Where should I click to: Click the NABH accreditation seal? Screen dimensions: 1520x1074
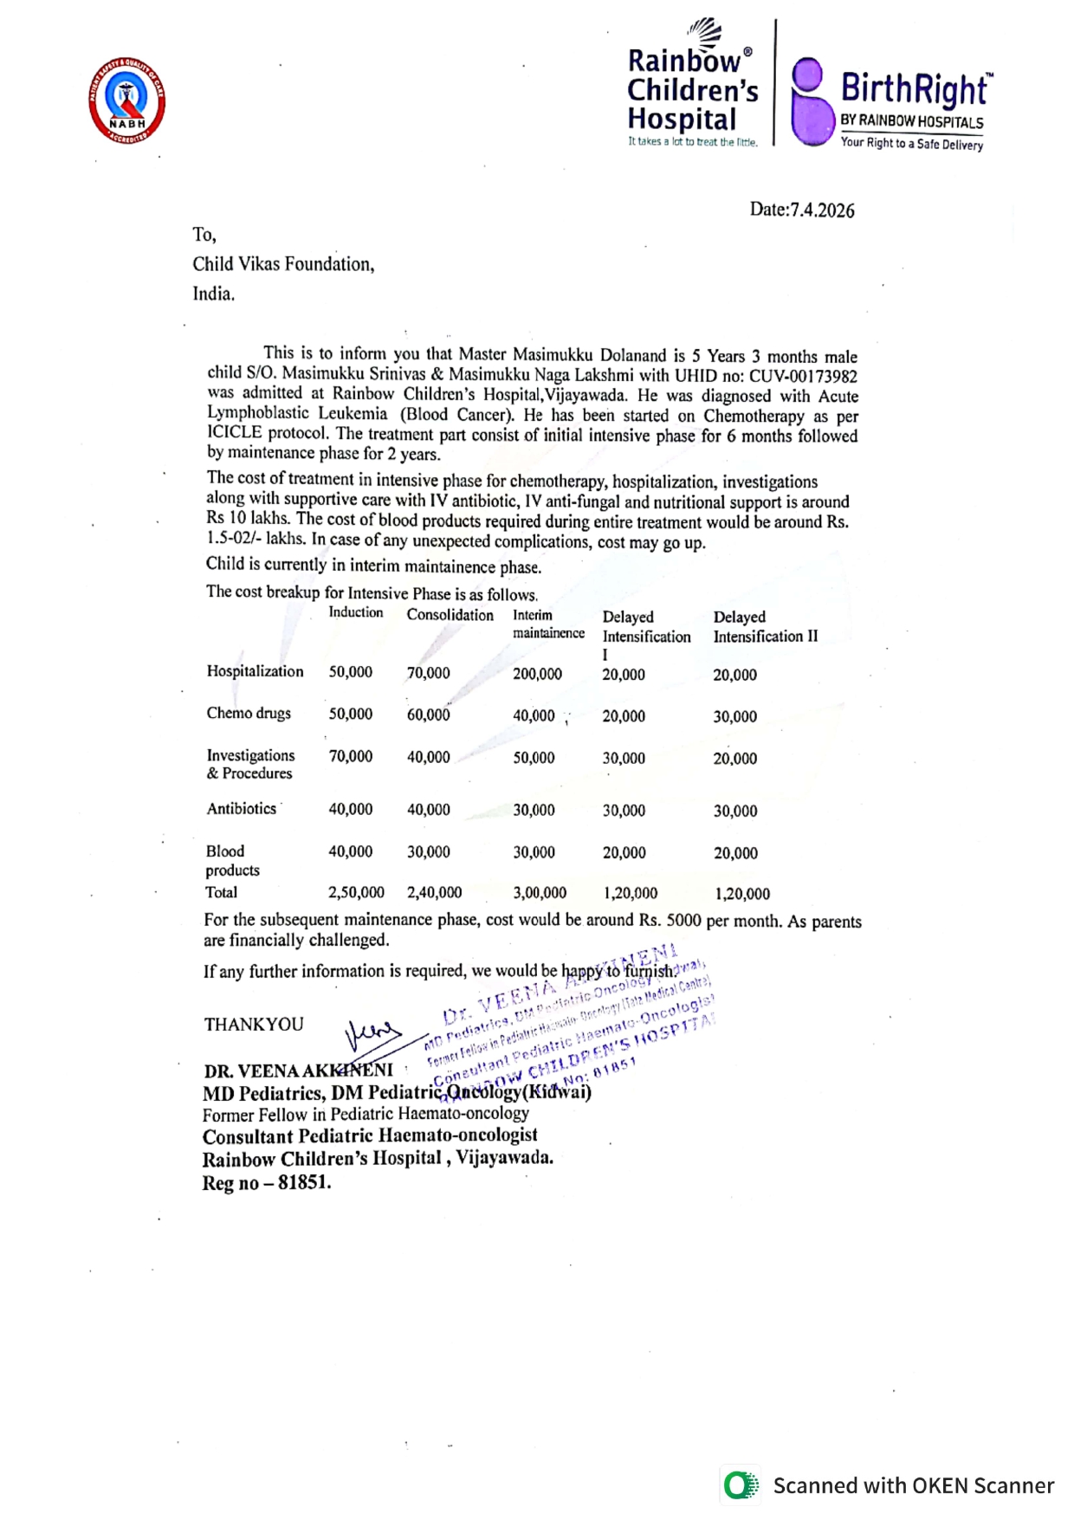point(126,100)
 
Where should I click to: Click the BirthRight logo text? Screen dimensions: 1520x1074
point(914,88)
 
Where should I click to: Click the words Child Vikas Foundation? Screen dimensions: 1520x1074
point(283,264)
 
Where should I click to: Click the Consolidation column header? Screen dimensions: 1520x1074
point(450,615)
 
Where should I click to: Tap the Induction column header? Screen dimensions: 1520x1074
point(355,612)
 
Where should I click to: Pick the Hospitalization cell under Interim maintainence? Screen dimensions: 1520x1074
point(537,674)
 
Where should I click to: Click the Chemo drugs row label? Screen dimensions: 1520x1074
point(249,713)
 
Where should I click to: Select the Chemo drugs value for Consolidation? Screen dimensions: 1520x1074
point(429,715)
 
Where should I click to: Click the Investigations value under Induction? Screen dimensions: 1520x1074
point(350,756)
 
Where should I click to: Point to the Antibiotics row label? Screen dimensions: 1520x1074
point(241,808)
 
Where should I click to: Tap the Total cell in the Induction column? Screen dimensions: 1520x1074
point(356,892)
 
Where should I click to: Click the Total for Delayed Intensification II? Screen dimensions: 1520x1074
point(742,894)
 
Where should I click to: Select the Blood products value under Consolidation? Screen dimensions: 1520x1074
point(429,852)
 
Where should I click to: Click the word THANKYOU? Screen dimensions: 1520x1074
point(254,1025)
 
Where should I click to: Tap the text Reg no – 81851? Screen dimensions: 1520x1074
point(267,1183)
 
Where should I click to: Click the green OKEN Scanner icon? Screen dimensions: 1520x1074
point(741,1485)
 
